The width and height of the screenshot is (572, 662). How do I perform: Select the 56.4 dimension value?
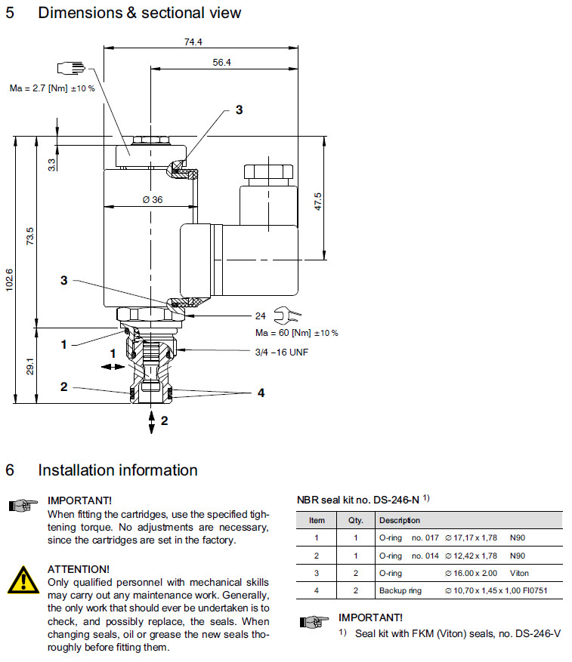[221, 63]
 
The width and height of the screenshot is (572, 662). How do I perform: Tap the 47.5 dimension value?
[318, 202]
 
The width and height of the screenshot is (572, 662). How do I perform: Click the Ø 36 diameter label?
[153, 200]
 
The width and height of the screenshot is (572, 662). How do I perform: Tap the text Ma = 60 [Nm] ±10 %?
[296, 333]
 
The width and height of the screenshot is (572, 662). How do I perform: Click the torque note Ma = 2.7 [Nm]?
[52, 89]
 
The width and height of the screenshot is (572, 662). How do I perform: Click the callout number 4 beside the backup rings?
[260, 393]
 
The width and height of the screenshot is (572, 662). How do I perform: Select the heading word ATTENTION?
[79, 568]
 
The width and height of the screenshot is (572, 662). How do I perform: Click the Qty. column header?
[355, 520]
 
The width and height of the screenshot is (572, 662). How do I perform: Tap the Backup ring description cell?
[400, 590]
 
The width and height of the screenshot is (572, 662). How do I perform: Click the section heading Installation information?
[118, 470]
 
